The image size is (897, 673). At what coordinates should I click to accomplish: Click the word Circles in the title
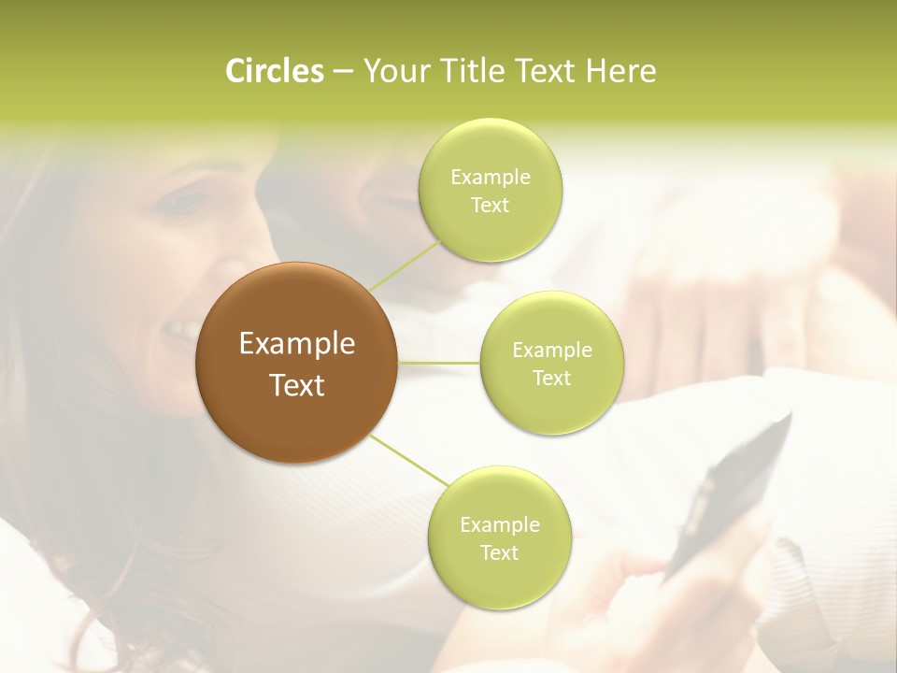pyautogui.click(x=275, y=71)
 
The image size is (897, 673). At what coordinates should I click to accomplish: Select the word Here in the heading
pyautogui.click(x=620, y=71)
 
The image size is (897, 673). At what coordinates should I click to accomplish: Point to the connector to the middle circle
pyautogui.click(x=439, y=362)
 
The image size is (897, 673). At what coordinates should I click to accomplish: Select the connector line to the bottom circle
pyautogui.click(x=408, y=460)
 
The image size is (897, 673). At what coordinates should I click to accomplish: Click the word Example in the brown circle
pyautogui.click(x=297, y=344)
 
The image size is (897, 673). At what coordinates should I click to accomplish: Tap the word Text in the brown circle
pyautogui.click(x=297, y=385)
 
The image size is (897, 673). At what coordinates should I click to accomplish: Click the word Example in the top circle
pyautogui.click(x=491, y=178)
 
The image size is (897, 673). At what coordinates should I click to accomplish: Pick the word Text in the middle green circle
pyautogui.click(x=552, y=379)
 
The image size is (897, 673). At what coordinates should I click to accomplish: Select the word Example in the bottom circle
pyautogui.click(x=499, y=525)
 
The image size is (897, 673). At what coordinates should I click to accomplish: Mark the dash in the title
pyautogui.click(x=342, y=72)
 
